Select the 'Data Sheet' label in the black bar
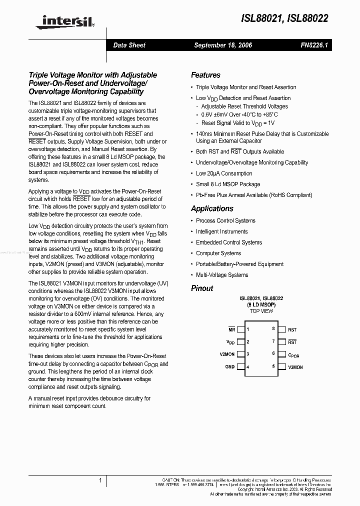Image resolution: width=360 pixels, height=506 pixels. click(129, 45)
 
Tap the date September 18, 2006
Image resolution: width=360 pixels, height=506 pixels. click(223, 45)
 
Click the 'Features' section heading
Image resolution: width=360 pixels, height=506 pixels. click(205, 75)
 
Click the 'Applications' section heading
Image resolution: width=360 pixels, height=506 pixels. click(212, 208)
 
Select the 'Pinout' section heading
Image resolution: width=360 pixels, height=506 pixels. click(202, 288)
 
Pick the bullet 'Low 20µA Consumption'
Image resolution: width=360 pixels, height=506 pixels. click(224, 173)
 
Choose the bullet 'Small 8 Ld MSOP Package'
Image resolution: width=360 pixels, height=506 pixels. click(228, 184)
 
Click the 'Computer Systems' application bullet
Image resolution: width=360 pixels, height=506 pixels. click(218, 253)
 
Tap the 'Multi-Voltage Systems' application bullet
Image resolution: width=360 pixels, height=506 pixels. click(222, 275)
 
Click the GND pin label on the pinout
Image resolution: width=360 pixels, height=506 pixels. click(229, 367)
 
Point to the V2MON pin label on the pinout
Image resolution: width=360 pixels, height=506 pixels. click(227, 354)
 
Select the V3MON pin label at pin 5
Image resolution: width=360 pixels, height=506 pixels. click(295, 367)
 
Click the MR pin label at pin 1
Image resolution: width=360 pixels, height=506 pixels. click(231, 329)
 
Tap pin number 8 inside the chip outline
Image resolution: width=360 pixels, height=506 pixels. click(273, 329)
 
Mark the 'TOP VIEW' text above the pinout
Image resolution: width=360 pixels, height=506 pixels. click(261, 311)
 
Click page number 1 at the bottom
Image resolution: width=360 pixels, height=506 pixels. click(100, 481)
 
